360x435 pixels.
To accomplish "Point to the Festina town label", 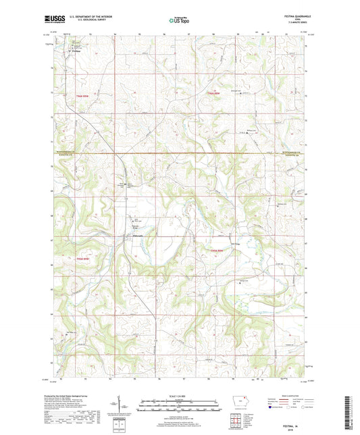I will tap(58, 50).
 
